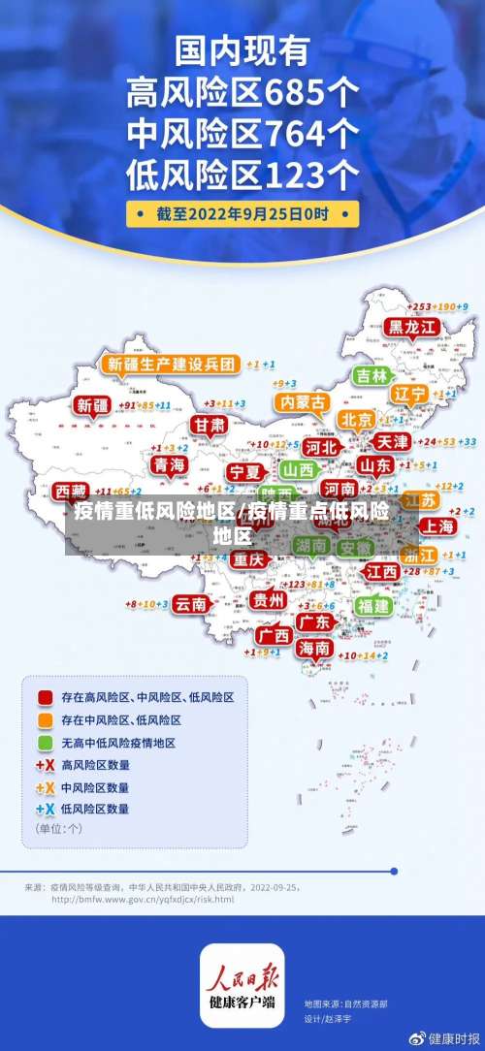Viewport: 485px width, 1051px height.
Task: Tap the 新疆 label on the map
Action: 94,405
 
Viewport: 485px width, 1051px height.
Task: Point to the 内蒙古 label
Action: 300,401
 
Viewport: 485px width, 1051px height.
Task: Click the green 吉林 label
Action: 371,375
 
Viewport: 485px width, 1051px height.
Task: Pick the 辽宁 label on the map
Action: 409,395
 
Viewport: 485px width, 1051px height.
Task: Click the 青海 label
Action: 169,465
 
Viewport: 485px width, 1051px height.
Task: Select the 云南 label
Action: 190,603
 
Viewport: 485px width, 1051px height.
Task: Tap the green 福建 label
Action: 372,605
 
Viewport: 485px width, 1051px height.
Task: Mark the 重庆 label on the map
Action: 248,559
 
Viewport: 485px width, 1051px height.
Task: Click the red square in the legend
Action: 45,697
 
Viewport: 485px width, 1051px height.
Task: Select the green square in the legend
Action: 45,743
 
